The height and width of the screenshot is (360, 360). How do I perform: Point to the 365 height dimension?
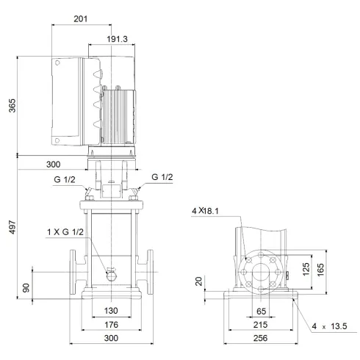(x=10, y=104)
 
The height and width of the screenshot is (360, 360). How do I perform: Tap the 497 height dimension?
(x=10, y=227)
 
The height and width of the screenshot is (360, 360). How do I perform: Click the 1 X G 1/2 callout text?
(x=65, y=233)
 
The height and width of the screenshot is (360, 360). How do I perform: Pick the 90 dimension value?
(x=28, y=287)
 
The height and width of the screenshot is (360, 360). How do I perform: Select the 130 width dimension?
(x=110, y=311)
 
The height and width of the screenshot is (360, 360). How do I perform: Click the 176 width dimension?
(x=110, y=325)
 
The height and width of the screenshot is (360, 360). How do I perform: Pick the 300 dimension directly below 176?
(x=110, y=340)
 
